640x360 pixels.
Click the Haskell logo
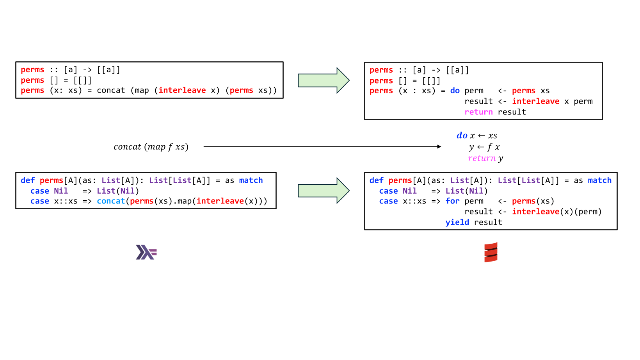point(146,252)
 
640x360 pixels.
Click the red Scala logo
point(491,252)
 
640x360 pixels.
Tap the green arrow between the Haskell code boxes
point(324,80)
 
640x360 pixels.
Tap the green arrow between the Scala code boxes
point(324,191)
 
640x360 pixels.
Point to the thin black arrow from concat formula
point(322,147)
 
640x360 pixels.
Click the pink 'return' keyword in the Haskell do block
point(478,112)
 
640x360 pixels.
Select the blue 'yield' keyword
point(457,222)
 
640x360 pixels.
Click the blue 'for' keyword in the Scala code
point(452,201)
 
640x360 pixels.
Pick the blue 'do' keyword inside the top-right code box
point(455,91)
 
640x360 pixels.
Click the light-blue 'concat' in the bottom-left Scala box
point(111,201)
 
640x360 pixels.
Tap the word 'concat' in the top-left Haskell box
point(111,91)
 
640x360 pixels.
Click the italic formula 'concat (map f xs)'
point(151,147)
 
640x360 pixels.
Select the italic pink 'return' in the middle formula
point(482,158)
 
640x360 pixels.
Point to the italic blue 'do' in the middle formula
point(462,135)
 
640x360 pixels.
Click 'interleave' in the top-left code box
point(182,91)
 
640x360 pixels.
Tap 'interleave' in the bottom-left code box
point(220,201)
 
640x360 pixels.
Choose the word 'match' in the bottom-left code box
point(251,180)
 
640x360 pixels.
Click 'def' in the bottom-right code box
point(377,180)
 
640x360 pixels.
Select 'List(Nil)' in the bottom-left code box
point(118,191)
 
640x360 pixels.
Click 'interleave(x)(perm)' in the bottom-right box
point(556,212)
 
